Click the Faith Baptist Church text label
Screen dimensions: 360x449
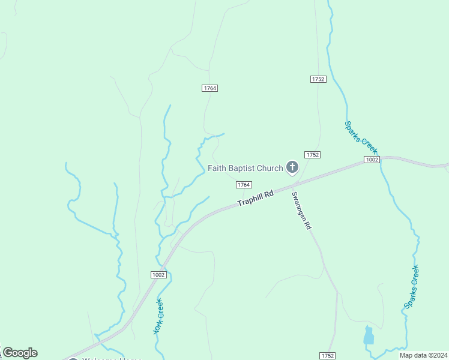pos(245,168)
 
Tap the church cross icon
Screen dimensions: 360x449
pos(292,167)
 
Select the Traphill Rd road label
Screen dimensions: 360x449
pos(255,198)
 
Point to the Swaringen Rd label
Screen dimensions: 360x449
pos(301,211)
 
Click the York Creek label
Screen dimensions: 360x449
pos(158,317)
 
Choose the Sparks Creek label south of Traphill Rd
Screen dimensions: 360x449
pos(411,287)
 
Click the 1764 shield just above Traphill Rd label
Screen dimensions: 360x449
pos(243,185)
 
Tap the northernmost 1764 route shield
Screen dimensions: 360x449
pos(209,88)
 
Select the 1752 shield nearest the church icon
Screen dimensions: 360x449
pos(312,155)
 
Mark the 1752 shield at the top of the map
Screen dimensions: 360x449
pos(318,79)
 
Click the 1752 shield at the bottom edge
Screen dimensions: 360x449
pos(327,355)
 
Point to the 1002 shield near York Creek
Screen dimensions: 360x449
pos(158,275)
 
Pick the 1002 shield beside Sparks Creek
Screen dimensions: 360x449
pos(372,160)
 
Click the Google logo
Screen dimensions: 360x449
pos(20,353)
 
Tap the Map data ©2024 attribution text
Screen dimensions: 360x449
pos(423,355)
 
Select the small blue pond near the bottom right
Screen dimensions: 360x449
pos(369,336)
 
